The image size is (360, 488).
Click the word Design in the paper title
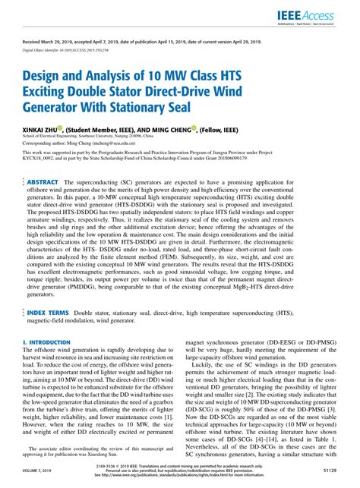pos(49,76)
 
